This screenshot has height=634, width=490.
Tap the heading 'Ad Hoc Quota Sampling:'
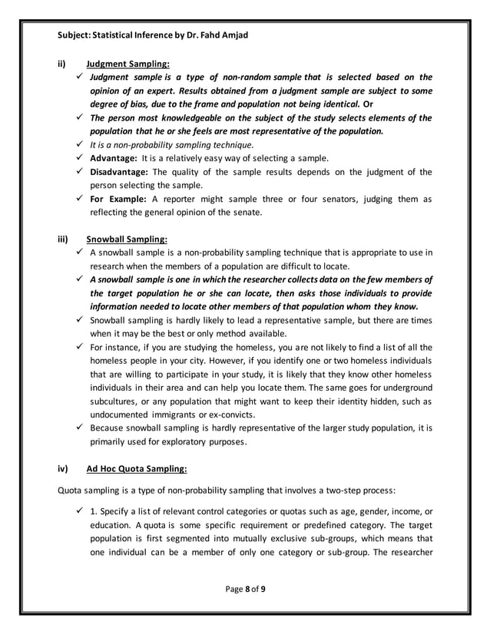pyautogui.click(x=137, y=467)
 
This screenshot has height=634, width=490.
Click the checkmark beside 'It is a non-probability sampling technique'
pyautogui.click(x=80, y=144)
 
